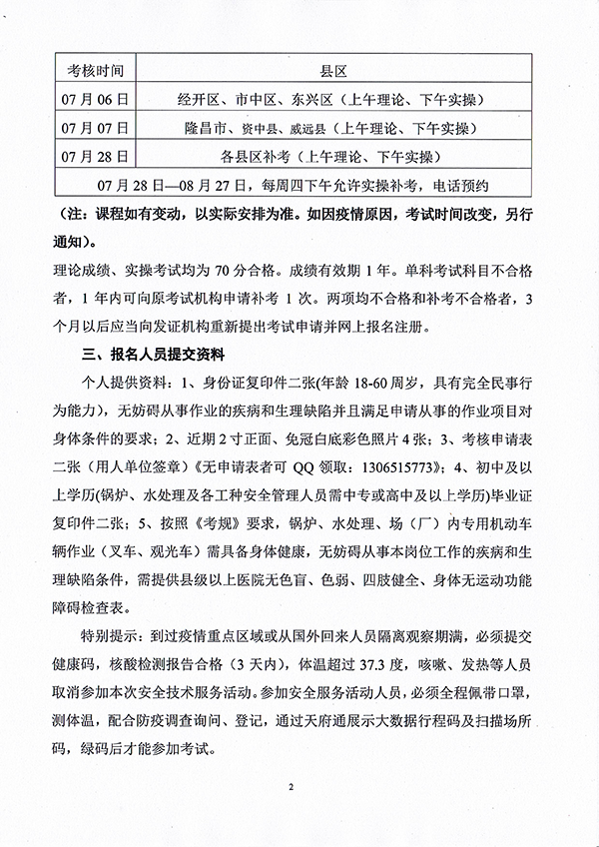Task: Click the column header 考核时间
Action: click(x=96, y=72)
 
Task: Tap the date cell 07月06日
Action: click(x=96, y=100)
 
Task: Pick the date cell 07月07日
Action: click(x=96, y=128)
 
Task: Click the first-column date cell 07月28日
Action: click(x=96, y=157)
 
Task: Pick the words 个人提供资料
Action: click(x=120, y=382)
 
